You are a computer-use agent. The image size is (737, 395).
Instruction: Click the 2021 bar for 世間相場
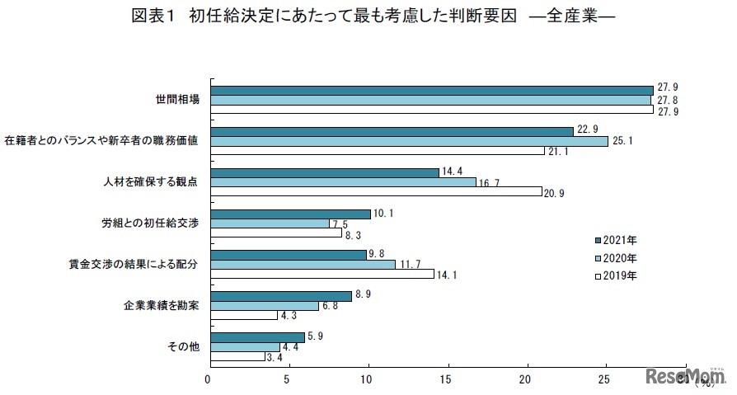(432, 91)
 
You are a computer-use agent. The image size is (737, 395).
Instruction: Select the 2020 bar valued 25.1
(410, 141)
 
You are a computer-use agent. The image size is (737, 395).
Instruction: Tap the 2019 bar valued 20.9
(377, 191)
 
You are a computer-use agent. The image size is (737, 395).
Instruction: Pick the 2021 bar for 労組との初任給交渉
(291, 214)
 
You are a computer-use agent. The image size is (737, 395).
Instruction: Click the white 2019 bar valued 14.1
(322, 274)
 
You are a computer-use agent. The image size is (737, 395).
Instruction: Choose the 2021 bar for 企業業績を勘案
(281, 296)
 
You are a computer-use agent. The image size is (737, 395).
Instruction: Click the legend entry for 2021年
(615, 240)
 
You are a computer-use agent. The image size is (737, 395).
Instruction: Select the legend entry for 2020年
(615, 257)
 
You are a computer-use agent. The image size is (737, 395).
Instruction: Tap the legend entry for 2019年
(615, 275)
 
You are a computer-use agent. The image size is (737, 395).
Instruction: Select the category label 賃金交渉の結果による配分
(134, 265)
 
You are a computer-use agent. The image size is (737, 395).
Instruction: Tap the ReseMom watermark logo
(683, 376)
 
